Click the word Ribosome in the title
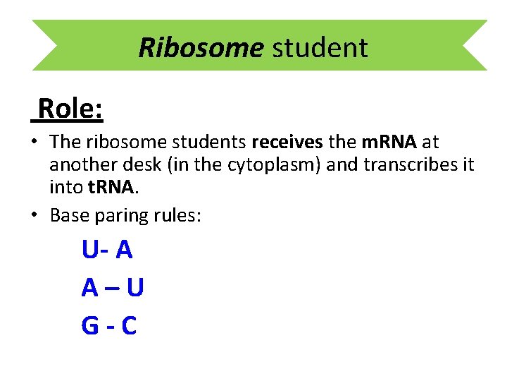[x=200, y=48]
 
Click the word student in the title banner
[x=320, y=48]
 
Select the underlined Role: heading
[x=70, y=109]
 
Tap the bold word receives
[x=287, y=143]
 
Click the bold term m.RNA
[x=390, y=143]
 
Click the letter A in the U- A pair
[x=125, y=250]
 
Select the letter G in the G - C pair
[x=91, y=326]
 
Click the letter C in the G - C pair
[x=129, y=326]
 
